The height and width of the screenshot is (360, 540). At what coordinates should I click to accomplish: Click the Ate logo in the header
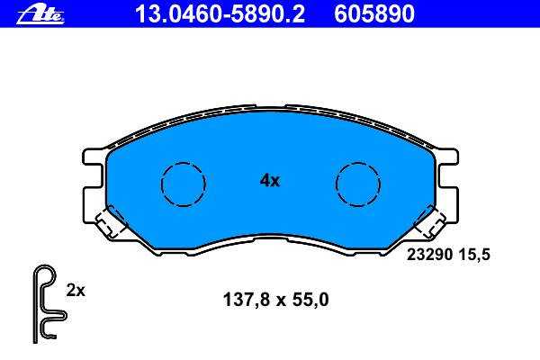(x=40, y=14)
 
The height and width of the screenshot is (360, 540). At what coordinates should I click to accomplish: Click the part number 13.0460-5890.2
(x=220, y=14)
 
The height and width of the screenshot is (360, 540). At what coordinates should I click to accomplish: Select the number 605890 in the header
(x=374, y=14)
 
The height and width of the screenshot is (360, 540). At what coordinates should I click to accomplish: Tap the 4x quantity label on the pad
(x=270, y=180)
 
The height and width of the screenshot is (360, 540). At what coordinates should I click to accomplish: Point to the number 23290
(x=429, y=255)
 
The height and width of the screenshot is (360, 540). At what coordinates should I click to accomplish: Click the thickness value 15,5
(x=474, y=255)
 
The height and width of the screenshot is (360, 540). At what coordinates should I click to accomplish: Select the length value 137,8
(x=247, y=300)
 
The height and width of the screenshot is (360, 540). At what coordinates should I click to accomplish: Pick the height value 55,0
(x=310, y=300)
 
